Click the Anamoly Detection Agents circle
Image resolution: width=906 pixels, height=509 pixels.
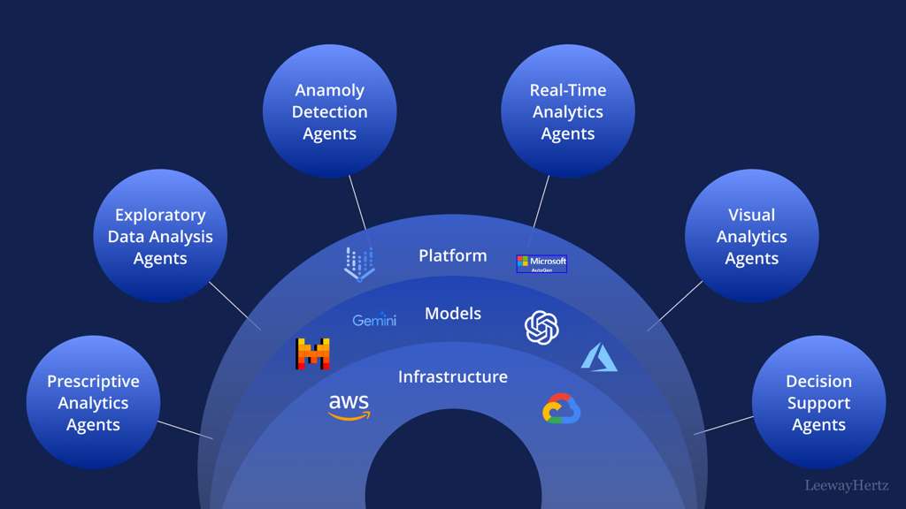329,111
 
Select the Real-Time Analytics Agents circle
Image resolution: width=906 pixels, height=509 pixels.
567,111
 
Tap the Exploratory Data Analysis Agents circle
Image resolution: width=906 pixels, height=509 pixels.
160,236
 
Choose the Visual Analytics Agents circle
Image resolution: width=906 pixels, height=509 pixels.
751,236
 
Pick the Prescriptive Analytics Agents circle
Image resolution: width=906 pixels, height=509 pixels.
93,403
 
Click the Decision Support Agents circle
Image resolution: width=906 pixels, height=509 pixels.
818,403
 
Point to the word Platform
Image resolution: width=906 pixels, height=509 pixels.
452,255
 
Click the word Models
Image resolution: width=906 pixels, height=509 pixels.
452,314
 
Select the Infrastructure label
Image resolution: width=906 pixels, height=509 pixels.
452,376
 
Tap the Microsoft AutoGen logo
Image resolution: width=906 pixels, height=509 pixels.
541,263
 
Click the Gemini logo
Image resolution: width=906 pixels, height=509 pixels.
374,320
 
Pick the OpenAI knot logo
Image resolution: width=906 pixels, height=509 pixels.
541,327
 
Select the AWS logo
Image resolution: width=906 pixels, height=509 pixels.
349,406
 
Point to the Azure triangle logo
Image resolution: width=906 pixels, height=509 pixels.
599,357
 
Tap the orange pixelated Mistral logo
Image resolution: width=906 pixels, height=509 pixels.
312,353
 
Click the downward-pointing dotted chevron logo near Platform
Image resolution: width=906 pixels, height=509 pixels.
359,263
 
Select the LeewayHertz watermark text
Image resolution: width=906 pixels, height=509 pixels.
847,485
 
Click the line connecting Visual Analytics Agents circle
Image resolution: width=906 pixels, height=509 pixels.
675,306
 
